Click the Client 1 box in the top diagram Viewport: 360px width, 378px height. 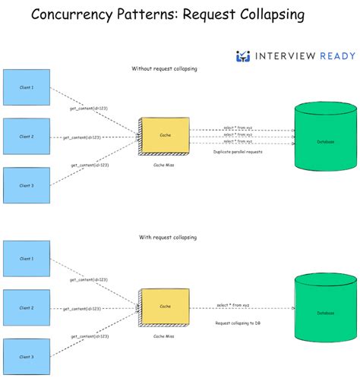coord(26,87)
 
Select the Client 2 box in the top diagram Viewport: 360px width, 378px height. coord(26,137)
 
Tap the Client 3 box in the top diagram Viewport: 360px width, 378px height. coord(26,186)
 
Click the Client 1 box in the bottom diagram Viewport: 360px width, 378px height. coord(26,259)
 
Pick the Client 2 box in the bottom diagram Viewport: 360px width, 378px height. coord(26,307)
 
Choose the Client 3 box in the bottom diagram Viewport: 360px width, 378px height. coord(26,356)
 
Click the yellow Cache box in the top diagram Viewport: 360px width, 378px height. coord(165,136)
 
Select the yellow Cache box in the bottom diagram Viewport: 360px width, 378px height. coord(165,307)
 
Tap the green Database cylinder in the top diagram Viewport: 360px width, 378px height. coord(324,141)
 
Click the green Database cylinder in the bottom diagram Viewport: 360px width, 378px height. coord(324,311)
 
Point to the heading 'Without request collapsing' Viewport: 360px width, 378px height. coord(165,69)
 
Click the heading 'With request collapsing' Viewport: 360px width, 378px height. coord(167,238)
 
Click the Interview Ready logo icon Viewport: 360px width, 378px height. coord(243,55)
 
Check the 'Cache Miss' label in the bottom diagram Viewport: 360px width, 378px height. coord(164,335)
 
